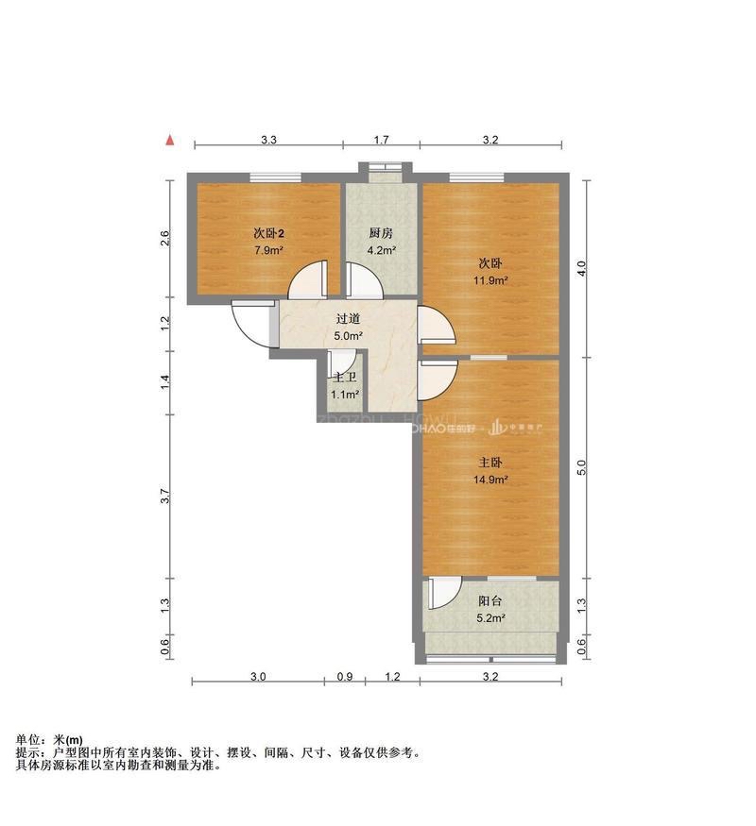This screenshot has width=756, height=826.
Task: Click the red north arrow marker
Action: [170, 141]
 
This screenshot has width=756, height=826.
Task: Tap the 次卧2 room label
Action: [268, 233]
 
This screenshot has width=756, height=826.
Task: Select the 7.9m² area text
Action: [268, 251]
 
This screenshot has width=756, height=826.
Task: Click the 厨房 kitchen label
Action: [381, 233]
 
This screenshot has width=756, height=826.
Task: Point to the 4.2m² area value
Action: [381, 251]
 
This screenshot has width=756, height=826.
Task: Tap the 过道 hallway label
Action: [349, 319]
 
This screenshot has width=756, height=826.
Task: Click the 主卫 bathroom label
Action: [344, 378]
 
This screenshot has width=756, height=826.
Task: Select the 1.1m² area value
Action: [345, 395]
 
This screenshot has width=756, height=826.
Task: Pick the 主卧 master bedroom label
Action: [490, 463]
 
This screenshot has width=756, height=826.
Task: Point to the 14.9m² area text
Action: [490, 480]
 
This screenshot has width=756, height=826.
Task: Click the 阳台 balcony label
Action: [490, 601]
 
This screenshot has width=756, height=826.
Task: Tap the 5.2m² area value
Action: [490, 619]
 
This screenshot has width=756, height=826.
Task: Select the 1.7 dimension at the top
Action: [381, 141]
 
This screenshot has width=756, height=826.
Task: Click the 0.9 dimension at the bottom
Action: [345, 677]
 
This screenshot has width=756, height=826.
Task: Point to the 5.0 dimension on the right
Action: [582, 467]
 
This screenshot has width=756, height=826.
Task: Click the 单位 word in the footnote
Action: [28, 739]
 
